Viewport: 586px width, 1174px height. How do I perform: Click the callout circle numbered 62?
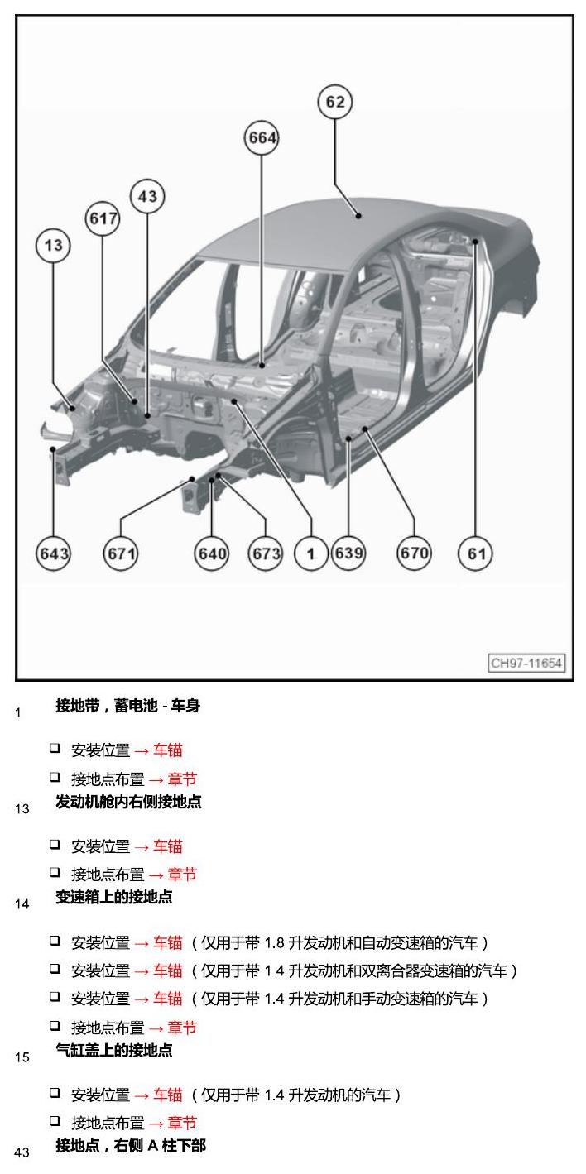335,102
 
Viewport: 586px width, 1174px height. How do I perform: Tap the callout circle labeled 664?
262,138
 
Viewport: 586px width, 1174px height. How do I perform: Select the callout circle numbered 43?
147,197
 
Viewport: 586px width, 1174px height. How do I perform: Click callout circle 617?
103,218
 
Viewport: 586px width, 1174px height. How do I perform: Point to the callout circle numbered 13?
53,245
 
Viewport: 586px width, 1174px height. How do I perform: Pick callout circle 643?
53,553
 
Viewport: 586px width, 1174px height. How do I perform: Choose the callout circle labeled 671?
121,553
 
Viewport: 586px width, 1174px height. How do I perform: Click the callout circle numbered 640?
212,553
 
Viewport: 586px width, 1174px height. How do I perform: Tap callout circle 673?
265,553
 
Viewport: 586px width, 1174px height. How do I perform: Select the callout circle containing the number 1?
311,553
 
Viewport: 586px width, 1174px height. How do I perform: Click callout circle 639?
348,553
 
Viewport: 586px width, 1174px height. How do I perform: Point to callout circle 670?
414,553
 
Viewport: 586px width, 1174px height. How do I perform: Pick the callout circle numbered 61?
475,553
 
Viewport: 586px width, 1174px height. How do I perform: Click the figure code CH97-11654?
526,663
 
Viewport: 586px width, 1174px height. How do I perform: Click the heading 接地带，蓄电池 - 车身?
128,706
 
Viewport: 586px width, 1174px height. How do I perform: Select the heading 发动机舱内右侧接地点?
128,802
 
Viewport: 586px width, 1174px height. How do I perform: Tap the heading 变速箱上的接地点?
113,897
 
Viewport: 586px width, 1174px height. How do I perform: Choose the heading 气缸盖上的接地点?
113,1050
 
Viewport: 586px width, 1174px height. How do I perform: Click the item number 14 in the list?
22,904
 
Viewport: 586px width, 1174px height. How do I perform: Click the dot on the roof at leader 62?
358,215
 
